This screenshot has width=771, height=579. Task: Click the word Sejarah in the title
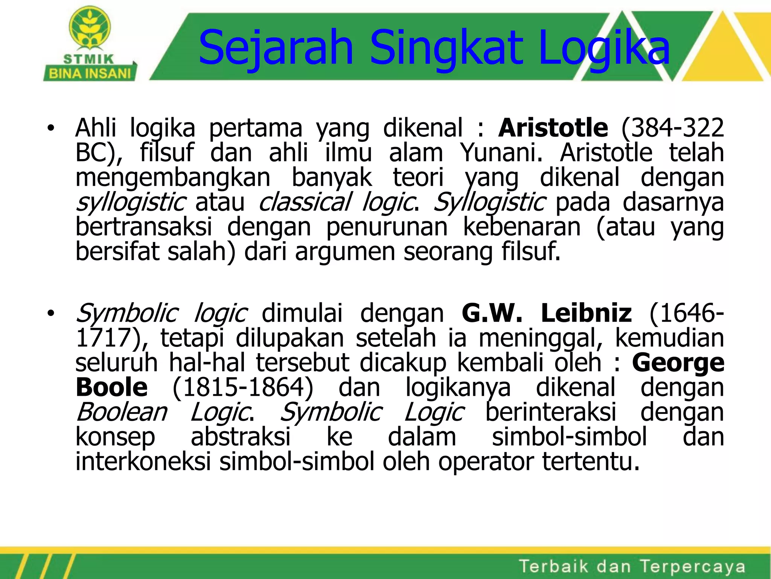pyautogui.click(x=276, y=48)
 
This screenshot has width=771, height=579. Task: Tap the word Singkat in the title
pyautogui.click(x=446, y=48)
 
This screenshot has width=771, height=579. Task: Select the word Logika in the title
pyautogui.click(x=604, y=48)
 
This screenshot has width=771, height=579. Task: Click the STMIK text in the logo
pyautogui.click(x=89, y=59)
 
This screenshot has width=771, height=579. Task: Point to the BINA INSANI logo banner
pyautogui.click(x=90, y=73)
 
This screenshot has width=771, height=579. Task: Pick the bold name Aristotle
pyautogui.click(x=553, y=128)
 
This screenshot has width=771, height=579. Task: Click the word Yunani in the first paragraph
pyautogui.click(x=501, y=153)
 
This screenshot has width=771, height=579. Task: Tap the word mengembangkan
pyautogui.click(x=173, y=178)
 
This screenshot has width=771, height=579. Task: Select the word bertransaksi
pyautogui.click(x=144, y=227)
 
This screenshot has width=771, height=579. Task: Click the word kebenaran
pyautogui.click(x=521, y=227)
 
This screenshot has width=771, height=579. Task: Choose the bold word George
pyautogui.click(x=678, y=363)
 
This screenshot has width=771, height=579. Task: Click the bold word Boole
pyautogui.click(x=112, y=387)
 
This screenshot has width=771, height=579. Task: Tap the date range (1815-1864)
pyautogui.click(x=243, y=387)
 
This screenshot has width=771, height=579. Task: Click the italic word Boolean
pyautogui.click(x=122, y=412)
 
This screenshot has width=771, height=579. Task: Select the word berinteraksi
pyautogui.click(x=551, y=412)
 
